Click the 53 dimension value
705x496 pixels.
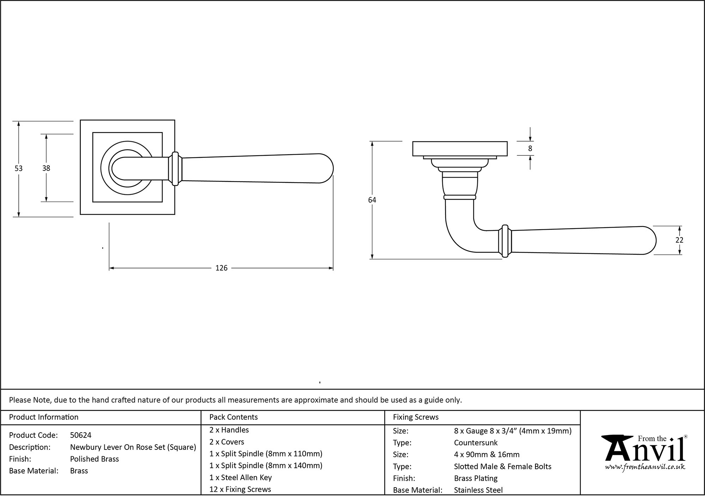(18, 169)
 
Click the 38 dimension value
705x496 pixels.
(46, 168)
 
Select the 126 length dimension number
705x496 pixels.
(221, 268)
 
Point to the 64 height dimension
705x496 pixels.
(372, 200)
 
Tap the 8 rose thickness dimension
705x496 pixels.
(530, 149)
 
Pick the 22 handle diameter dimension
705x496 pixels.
(679, 240)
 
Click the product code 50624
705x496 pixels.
(81, 435)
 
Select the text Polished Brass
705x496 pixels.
(94, 459)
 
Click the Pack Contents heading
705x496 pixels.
(233, 417)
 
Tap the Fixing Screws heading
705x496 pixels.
(416, 417)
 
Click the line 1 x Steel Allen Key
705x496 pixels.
(240, 477)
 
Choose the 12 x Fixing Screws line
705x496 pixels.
(240, 489)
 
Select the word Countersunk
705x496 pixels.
(476, 443)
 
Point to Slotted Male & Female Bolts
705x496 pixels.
(502, 466)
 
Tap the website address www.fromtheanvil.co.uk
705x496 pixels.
(645, 467)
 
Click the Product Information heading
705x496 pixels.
(44, 417)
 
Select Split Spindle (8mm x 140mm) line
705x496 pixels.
(266, 466)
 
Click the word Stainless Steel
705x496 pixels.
(478, 490)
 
